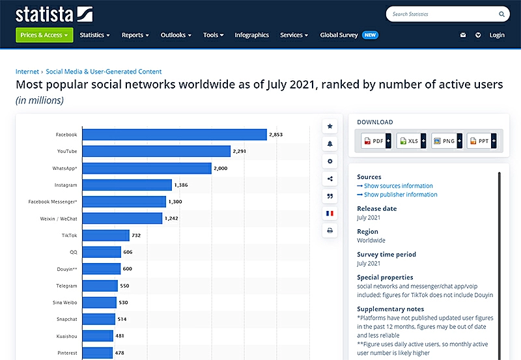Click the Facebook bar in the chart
pos(175,135)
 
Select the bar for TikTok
pos(106,235)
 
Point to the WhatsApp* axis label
pos(64,169)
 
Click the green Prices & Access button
pos(44,35)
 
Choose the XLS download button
pos(411,141)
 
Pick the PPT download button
pos(481,141)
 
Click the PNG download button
pos(446,141)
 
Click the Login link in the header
pos(497,35)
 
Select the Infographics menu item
pos(252,35)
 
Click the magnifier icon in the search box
pos(502,14)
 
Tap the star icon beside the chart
pos(330,126)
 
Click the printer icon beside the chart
pos(330,230)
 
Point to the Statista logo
pos(54,14)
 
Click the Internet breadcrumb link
pos(27,72)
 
